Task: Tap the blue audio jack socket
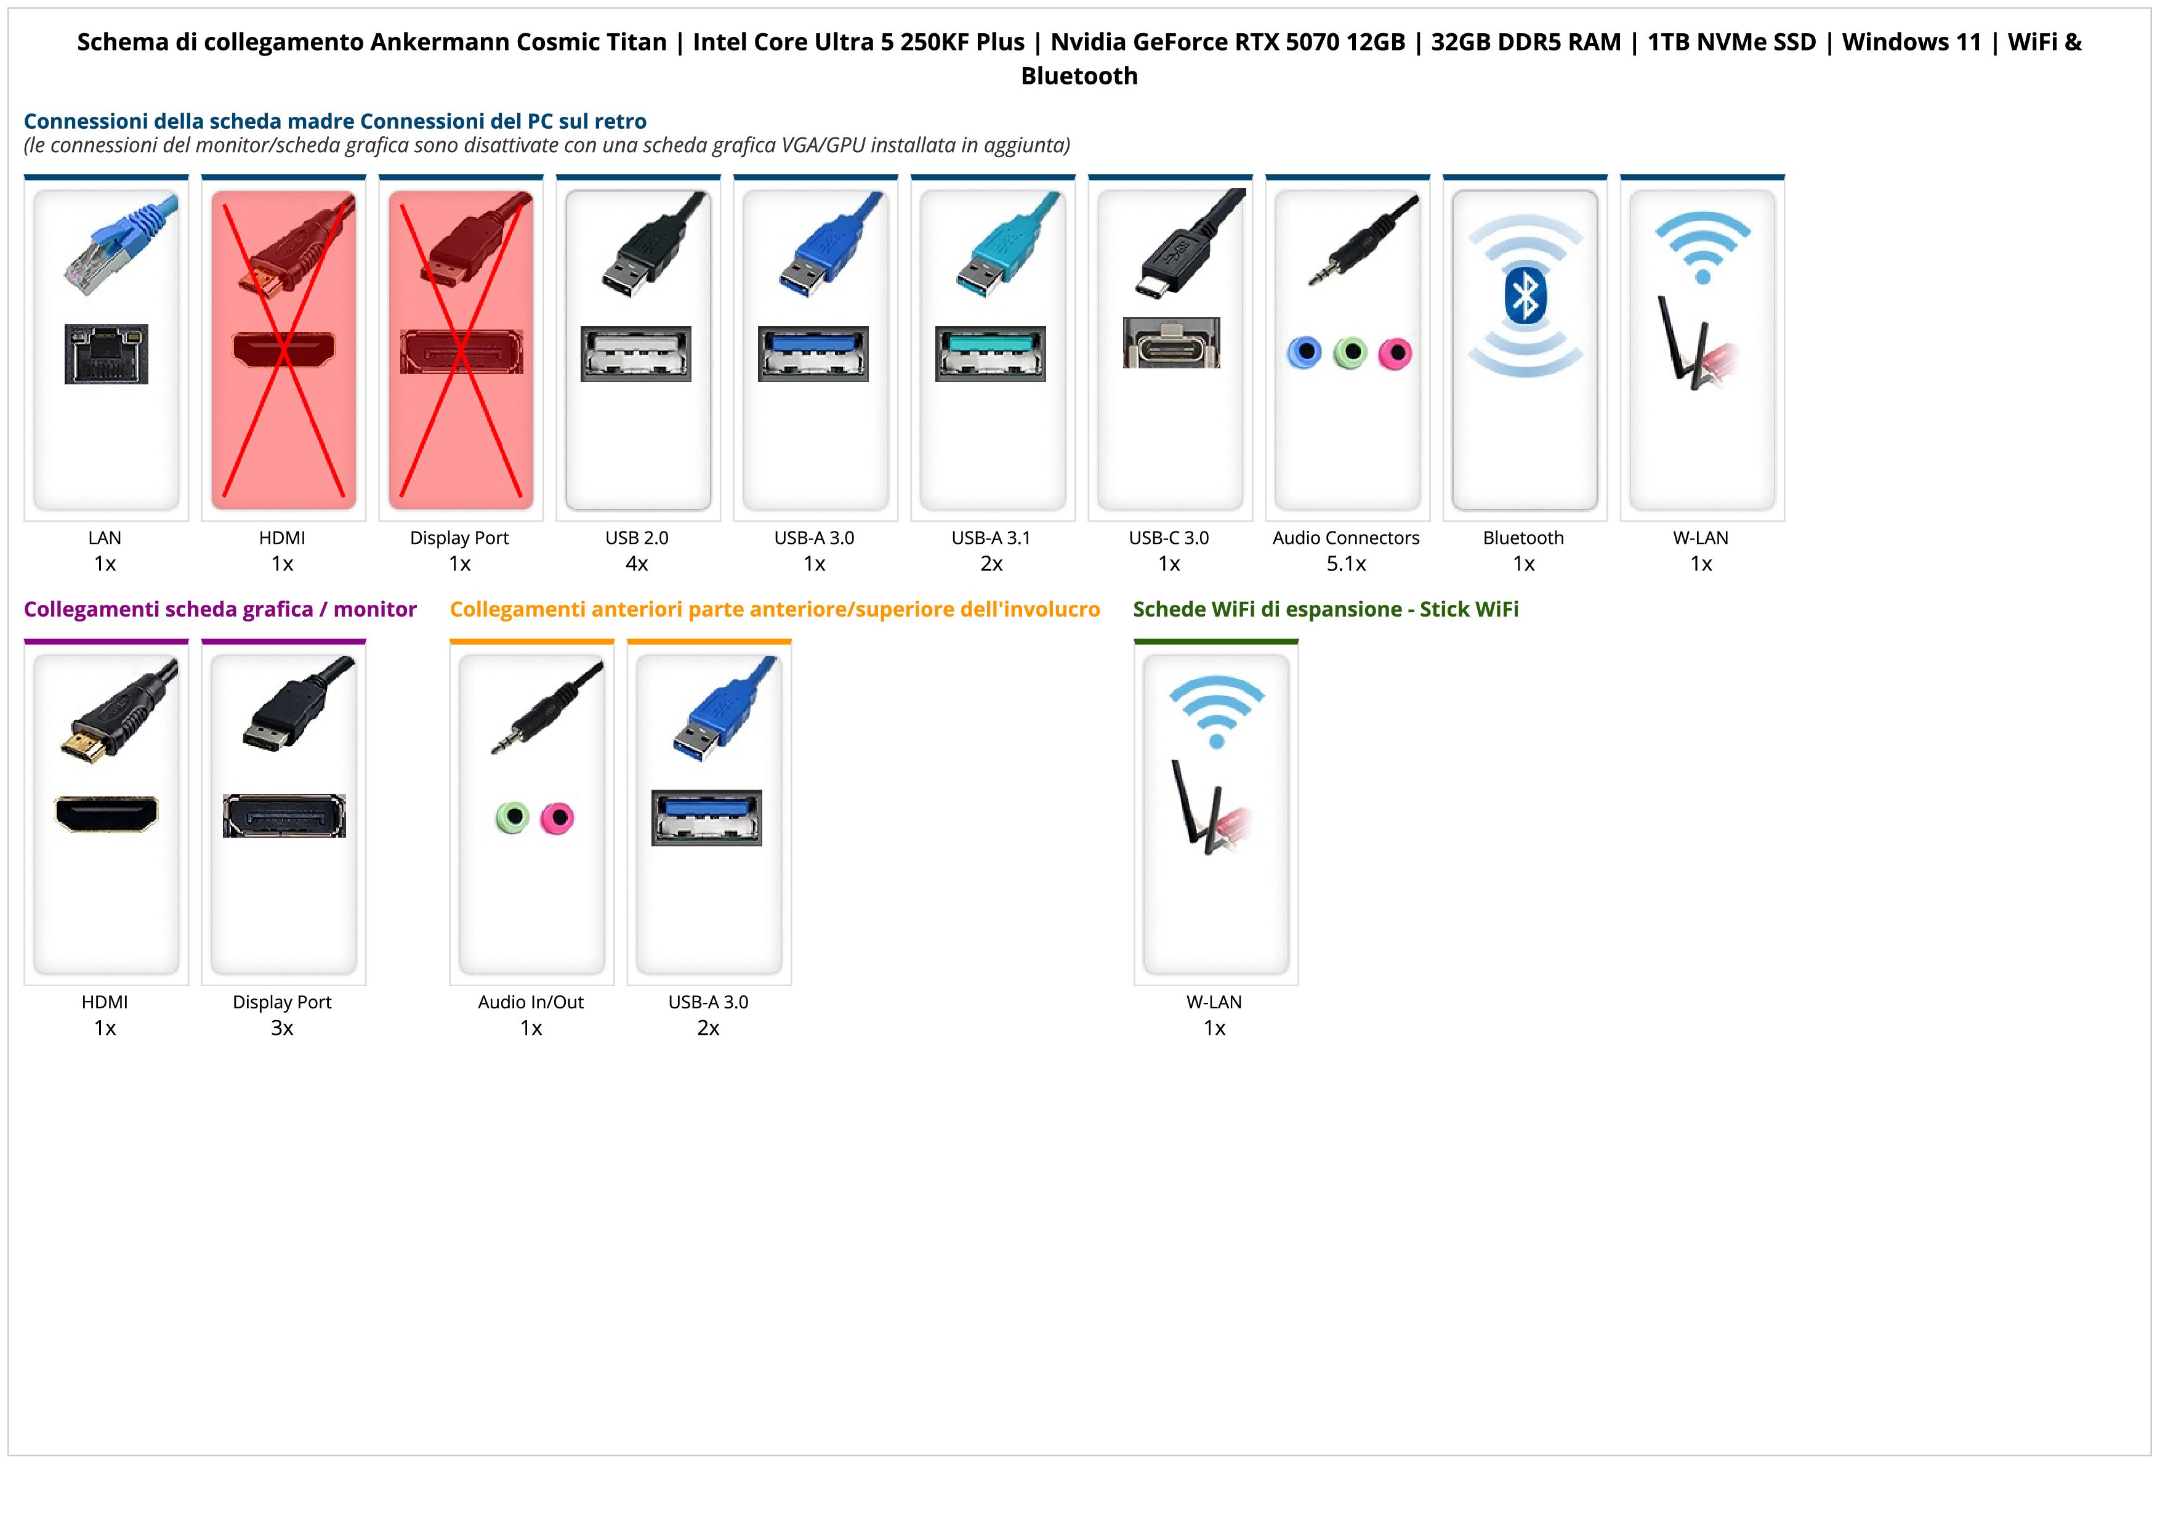(1304, 353)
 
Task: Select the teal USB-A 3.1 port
(991, 354)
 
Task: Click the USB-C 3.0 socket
(1171, 342)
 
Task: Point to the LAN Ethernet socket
(107, 354)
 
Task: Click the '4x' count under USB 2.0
(637, 564)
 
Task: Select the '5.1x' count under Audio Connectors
(1346, 564)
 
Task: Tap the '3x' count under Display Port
(282, 1027)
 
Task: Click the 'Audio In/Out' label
(531, 1002)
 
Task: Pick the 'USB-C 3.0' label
(1169, 538)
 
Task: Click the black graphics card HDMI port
(107, 814)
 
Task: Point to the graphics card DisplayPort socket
(284, 816)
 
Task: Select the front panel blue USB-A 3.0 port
(706, 817)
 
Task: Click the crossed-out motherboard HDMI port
(283, 350)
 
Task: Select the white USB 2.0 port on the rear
(636, 354)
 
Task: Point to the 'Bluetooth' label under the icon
(1523, 538)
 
